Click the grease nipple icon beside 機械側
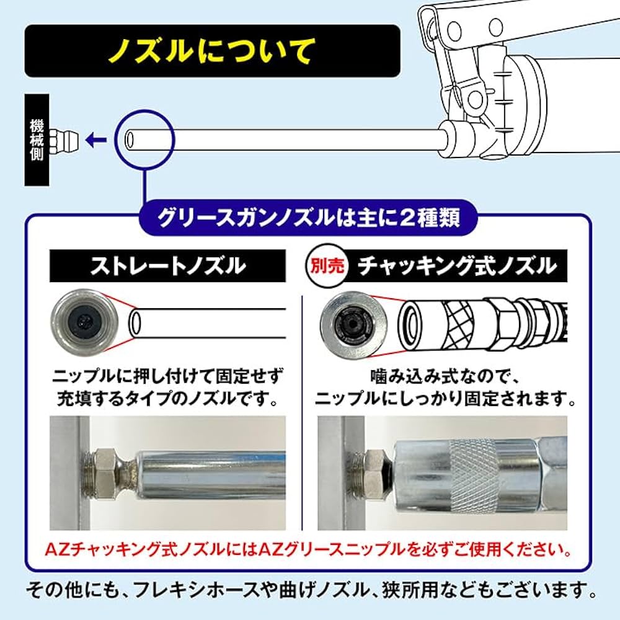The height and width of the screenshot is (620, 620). (64, 139)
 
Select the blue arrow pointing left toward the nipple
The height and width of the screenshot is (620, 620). (95, 139)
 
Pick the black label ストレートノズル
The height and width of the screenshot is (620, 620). (167, 266)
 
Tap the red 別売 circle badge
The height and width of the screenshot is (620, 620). (324, 266)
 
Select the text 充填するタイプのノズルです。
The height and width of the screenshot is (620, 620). (167, 397)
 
